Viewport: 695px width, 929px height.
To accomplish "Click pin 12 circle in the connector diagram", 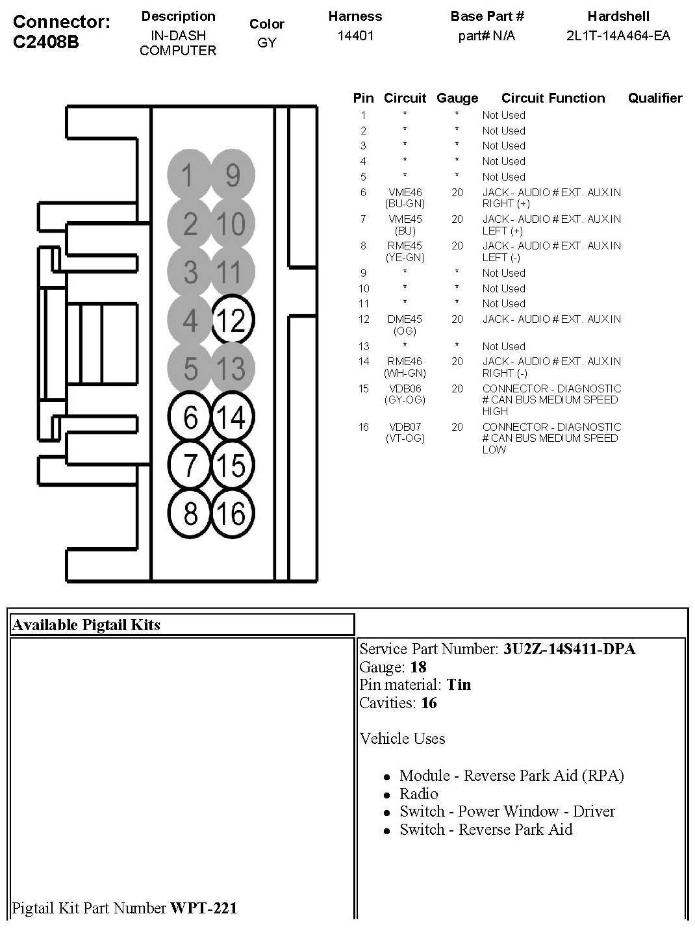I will tap(233, 320).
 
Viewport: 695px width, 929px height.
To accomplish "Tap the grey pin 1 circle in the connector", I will tap(189, 175).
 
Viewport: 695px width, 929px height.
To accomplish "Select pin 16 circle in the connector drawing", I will tap(233, 513).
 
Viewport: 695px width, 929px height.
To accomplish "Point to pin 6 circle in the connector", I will tap(190, 416).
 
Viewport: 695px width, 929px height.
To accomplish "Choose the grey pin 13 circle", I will tap(233, 368).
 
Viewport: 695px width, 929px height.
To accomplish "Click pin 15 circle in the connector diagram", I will tap(233, 465).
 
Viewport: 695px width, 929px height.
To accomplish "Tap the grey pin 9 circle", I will tap(233, 175).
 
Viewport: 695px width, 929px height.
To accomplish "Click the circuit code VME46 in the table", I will tap(405, 192).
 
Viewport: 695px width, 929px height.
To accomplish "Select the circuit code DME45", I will tap(405, 319).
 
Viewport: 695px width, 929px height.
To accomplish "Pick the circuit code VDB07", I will tap(405, 427).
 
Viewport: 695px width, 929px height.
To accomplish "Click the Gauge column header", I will tap(457, 98).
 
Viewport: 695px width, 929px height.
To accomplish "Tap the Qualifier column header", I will tap(655, 98).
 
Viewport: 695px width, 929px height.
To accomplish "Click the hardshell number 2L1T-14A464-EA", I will tap(618, 36).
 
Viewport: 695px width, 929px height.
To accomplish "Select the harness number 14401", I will tap(355, 36).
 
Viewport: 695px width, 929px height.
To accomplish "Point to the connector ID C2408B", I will tap(46, 42).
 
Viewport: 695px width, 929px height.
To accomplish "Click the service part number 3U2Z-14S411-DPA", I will tap(569, 649).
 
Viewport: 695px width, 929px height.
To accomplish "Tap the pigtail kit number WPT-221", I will tap(203, 908).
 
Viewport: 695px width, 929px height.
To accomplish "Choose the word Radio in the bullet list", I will tap(419, 793).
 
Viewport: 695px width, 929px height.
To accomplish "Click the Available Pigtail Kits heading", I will tap(86, 625).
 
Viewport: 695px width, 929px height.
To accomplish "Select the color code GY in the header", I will tap(267, 43).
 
